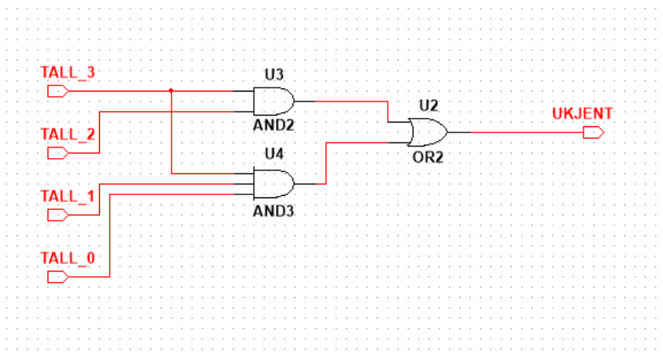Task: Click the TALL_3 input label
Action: coord(67,73)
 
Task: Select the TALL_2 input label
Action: coord(67,135)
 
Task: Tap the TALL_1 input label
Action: coord(67,197)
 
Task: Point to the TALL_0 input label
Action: coord(67,259)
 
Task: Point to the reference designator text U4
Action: coord(272,154)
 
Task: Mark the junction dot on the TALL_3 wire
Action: coord(172,91)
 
